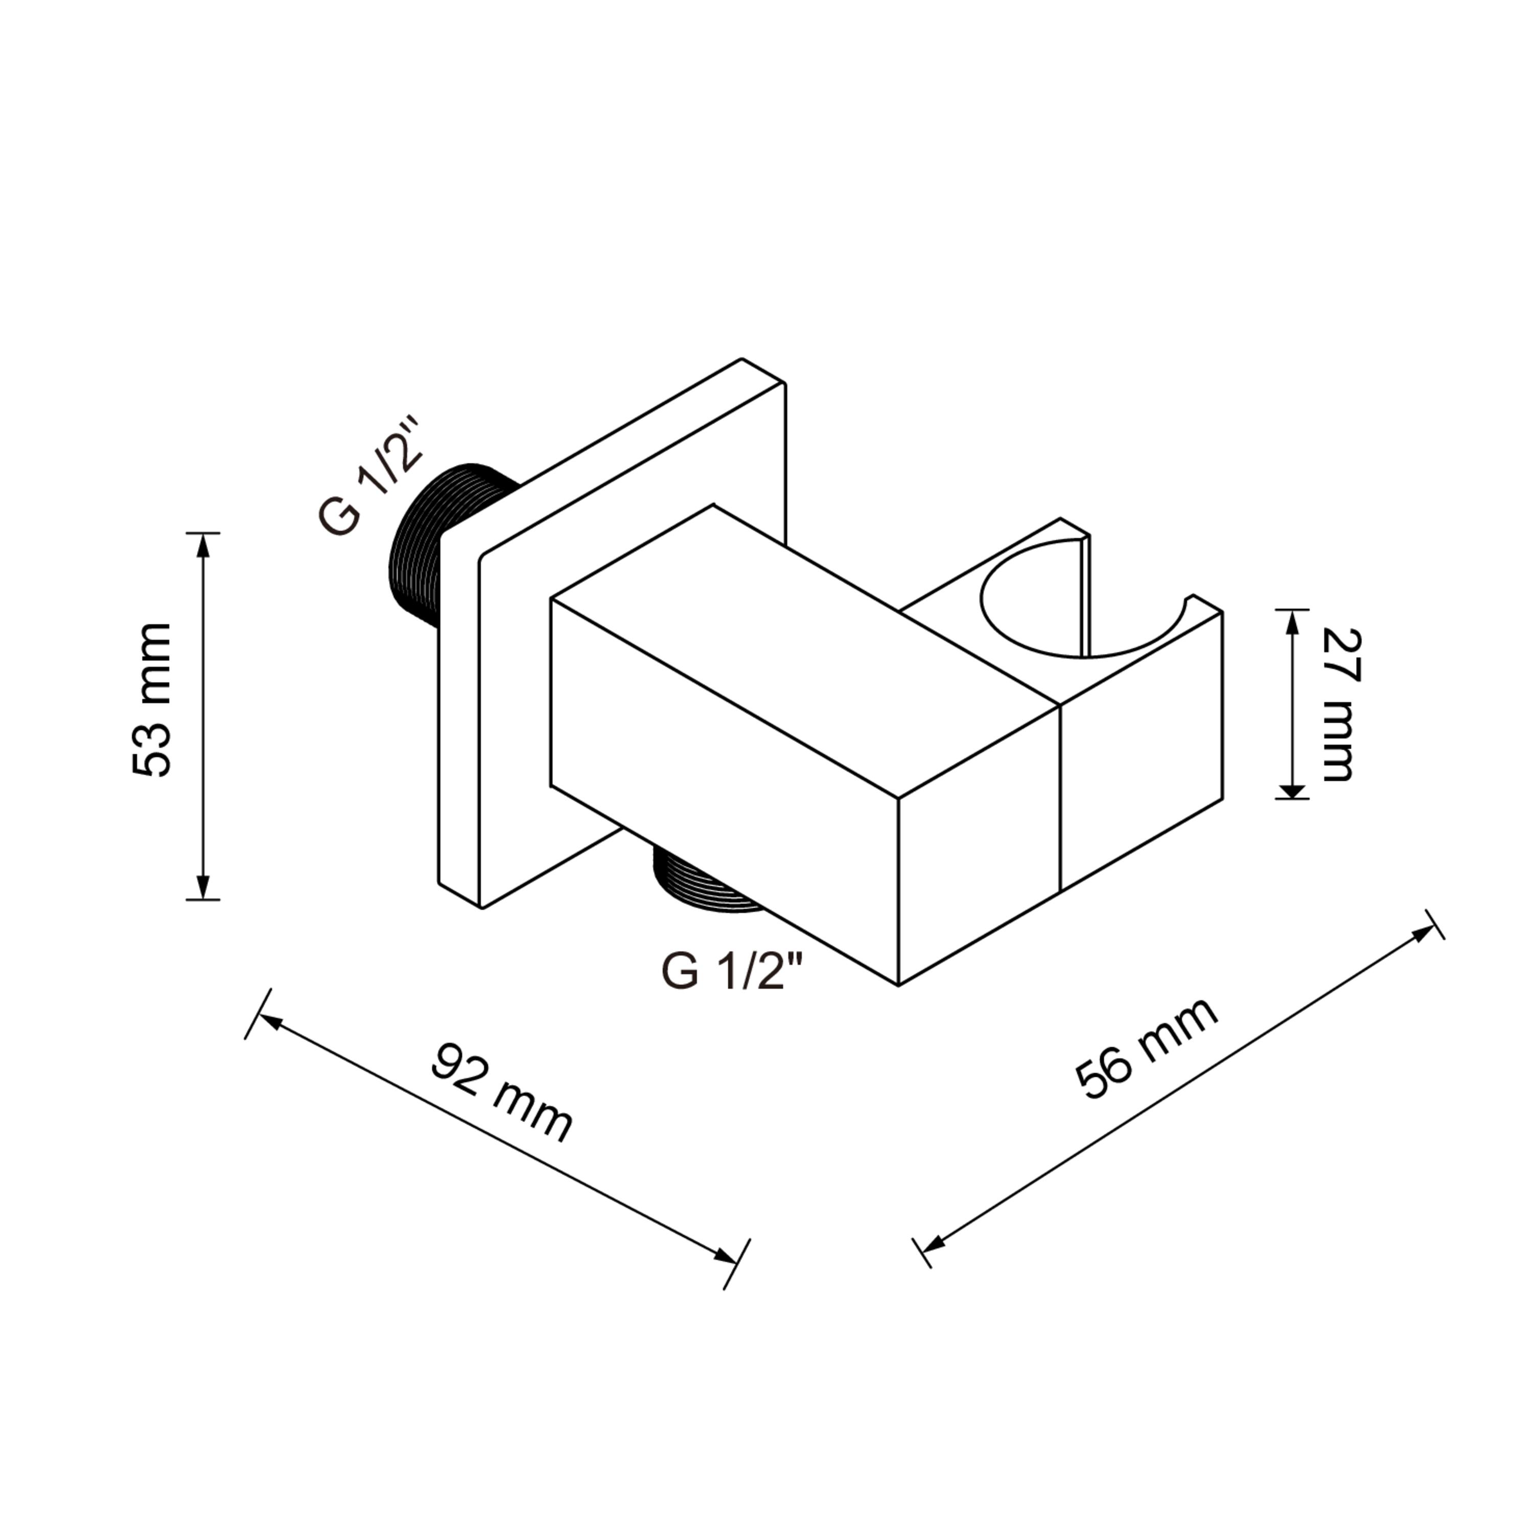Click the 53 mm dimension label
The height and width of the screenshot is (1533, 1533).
152,700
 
